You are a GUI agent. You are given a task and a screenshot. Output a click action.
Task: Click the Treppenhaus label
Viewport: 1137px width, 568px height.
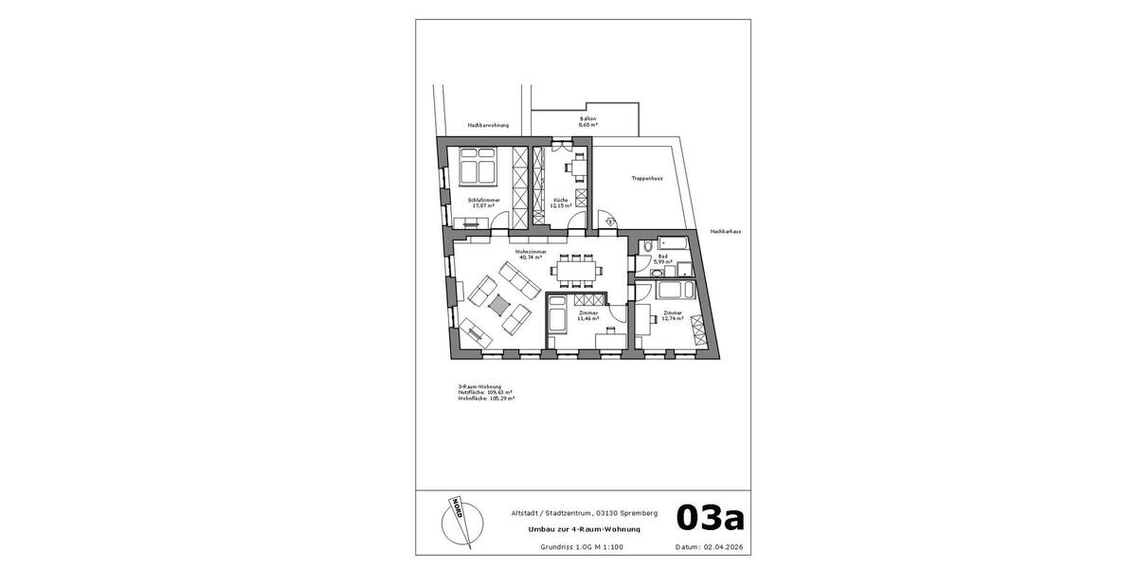[x=646, y=178]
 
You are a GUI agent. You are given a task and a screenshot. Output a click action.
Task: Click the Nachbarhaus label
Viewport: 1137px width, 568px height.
[x=727, y=231]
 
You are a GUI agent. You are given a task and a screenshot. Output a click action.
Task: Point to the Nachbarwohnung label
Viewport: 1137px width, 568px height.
[x=488, y=125]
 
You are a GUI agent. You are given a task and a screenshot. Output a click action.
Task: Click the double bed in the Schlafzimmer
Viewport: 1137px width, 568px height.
[x=478, y=167]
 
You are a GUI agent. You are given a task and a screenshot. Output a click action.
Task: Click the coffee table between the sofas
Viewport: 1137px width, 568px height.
[x=498, y=303]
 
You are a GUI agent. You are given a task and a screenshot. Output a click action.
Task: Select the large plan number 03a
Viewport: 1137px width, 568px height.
[x=710, y=518]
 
